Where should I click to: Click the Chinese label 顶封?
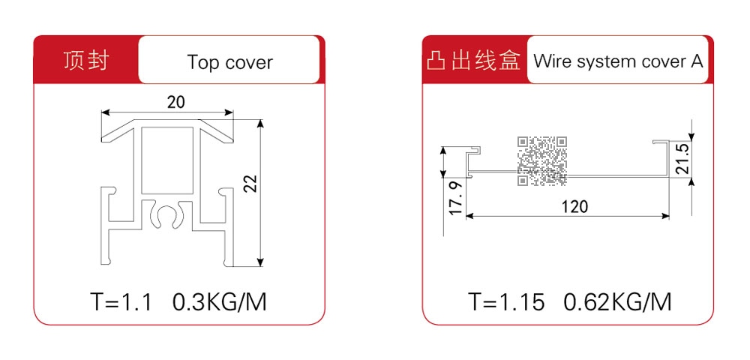pyautogui.click(x=86, y=61)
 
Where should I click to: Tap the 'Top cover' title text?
pyautogui.click(x=229, y=62)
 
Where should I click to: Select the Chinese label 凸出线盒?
pyautogui.click(x=473, y=61)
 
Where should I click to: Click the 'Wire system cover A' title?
pyautogui.click(x=618, y=61)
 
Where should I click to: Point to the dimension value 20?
pyautogui.click(x=176, y=102)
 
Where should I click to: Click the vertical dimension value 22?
pyautogui.click(x=251, y=183)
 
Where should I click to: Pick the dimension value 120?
pyautogui.click(x=574, y=206)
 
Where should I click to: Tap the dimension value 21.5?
pyautogui.click(x=683, y=159)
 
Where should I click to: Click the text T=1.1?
pyautogui.click(x=121, y=302)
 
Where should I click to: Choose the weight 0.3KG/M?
pyautogui.click(x=219, y=302)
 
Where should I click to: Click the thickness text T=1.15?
pyautogui.click(x=506, y=302)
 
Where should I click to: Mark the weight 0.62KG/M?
pyautogui.click(x=617, y=302)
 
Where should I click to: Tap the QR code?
pyautogui.click(x=542, y=160)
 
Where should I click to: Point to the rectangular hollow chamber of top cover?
pyautogui.click(x=167, y=160)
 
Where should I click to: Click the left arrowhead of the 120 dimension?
pyautogui.click(x=469, y=217)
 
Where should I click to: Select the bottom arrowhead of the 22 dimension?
pyautogui.click(x=259, y=262)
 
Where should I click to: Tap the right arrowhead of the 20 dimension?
pyautogui.click(x=229, y=112)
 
